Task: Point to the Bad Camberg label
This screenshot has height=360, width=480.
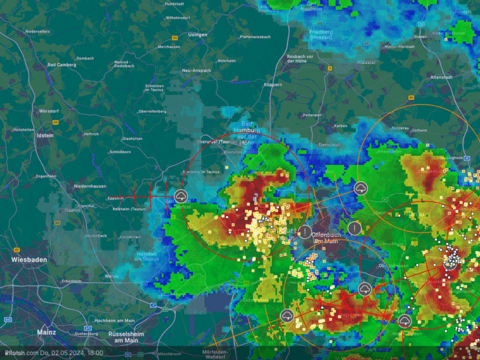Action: tap(61, 65)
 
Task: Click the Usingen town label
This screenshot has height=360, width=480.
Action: tap(197, 34)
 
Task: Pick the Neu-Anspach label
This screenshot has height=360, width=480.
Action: tap(196, 71)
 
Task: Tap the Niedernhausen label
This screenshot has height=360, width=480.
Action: tap(90, 186)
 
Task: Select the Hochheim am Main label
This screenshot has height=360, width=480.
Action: tap(114, 320)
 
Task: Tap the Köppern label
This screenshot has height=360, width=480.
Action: tap(273, 84)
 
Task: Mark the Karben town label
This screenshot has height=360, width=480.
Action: tap(341, 126)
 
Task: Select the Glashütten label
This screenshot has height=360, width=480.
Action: tap(132, 138)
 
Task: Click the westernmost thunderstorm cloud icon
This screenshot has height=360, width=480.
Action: tap(181, 196)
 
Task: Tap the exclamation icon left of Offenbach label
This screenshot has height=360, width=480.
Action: tap(304, 232)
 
